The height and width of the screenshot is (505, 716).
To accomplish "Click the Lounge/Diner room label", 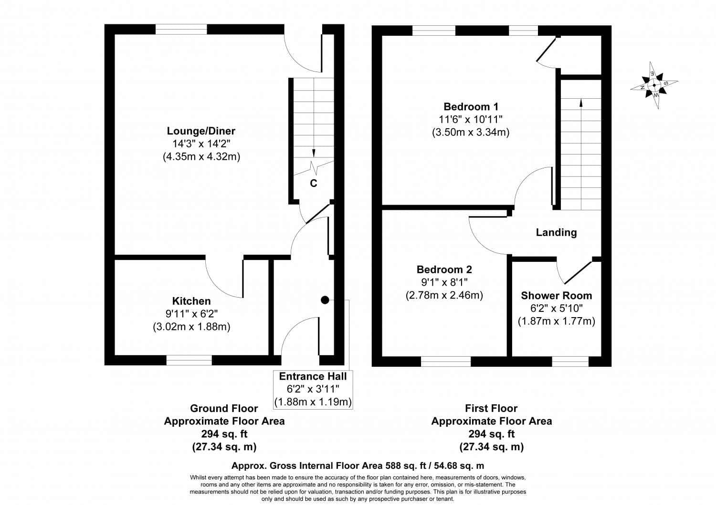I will click(x=201, y=131).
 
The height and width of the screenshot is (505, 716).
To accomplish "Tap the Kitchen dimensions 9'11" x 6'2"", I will click(x=191, y=314).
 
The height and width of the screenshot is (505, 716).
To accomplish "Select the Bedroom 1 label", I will click(x=471, y=106).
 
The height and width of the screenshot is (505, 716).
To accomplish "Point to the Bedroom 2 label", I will click(x=444, y=269).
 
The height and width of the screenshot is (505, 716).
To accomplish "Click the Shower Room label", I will click(x=556, y=296).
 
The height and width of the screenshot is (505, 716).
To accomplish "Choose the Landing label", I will click(x=556, y=232).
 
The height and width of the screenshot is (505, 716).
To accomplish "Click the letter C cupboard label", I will click(x=314, y=183).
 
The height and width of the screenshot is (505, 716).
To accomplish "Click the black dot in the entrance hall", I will click(x=325, y=300).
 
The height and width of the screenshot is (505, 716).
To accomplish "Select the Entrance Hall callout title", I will click(x=313, y=376).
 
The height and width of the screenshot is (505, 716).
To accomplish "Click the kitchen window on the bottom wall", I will click(x=189, y=361).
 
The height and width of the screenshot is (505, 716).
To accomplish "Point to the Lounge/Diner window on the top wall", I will click(x=181, y=30).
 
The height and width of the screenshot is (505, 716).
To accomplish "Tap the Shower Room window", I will click(x=570, y=361).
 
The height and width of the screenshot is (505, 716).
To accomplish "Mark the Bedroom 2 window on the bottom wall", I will click(x=446, y=361).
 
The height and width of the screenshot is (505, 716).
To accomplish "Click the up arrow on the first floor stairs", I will click(x=580, y=102).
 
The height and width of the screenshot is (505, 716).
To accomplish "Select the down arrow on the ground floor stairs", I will click(x=314, y=153).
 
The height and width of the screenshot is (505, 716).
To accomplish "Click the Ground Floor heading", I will click(x=224, y=408).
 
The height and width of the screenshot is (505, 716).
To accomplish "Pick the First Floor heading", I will click(x=491, y=408).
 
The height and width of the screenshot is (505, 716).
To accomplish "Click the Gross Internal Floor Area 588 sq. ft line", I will click(x=358, y=465).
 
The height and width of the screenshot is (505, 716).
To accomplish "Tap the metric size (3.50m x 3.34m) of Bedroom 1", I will click(x=471, y=132).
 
